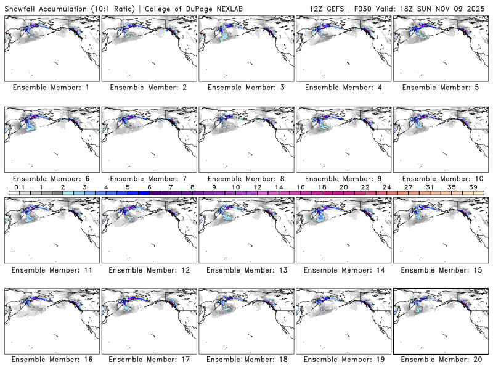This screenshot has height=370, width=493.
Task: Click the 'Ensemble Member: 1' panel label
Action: click(x=51, y=88)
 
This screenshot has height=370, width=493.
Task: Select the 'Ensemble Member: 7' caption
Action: click(x=149, y=179)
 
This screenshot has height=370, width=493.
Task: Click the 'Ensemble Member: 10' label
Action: click(x=441, y=179)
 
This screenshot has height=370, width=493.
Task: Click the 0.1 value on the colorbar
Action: click(x=19, y=187)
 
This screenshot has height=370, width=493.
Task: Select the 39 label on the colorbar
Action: click(x=473, y=187)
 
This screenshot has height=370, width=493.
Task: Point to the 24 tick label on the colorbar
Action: click(x=387, y=187)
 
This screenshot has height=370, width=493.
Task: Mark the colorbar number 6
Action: click(x=149, y=187)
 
